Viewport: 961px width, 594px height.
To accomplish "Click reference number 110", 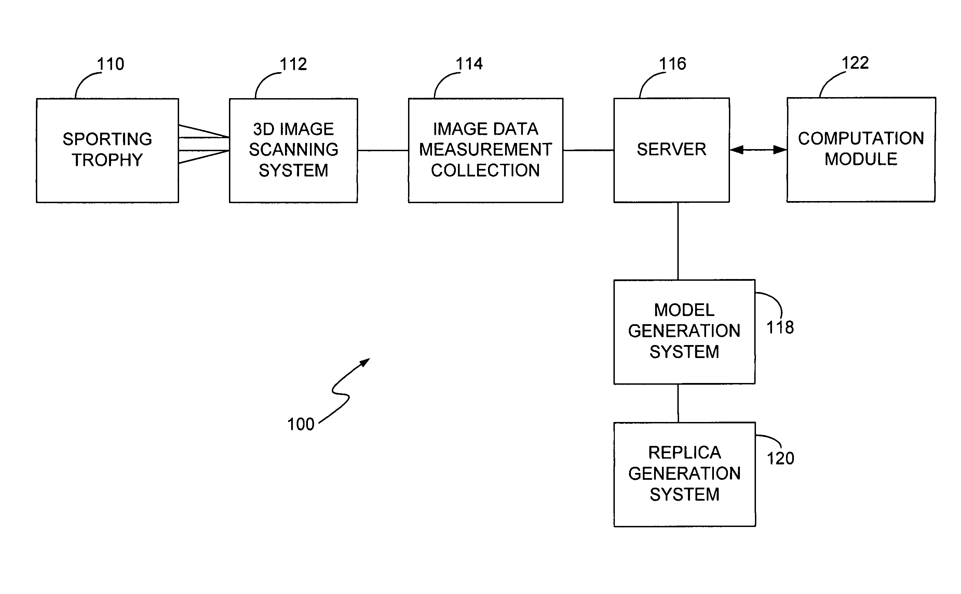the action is (x=111, y=64).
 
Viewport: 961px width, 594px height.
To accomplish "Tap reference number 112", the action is (x=293, y=64).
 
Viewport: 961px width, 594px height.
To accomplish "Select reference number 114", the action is (x=469, y=64).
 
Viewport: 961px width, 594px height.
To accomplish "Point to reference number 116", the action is (x=673, y=64).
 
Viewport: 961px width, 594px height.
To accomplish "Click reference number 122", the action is (x=855, y=63).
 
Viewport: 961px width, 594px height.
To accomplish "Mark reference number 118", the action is (x=780, y=327).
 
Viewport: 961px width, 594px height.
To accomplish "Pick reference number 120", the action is (x=781, y=459).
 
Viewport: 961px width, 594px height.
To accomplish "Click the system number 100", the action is (x=301, y=424).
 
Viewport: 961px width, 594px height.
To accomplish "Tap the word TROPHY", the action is (x=107, y=160).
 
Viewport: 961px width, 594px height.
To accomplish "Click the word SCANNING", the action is (x=294, y=150).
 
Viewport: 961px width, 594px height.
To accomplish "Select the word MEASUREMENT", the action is (x=486, y=149).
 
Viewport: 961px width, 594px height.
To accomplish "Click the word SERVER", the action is (x=672, y=149).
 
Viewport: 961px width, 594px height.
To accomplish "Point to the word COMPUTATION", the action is (x=861, y=138).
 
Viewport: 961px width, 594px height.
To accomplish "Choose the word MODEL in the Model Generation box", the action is (x=684, y=310).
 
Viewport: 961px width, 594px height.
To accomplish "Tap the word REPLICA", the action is (x=685, y=452).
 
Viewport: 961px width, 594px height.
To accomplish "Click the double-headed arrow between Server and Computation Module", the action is (x=758, y=150).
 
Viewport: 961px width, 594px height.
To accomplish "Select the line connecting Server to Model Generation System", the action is (x=678, y=241).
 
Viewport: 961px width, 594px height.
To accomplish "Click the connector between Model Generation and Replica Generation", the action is (x=678, y=404).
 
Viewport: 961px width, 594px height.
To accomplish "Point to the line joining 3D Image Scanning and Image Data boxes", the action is (x=383, y=150).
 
